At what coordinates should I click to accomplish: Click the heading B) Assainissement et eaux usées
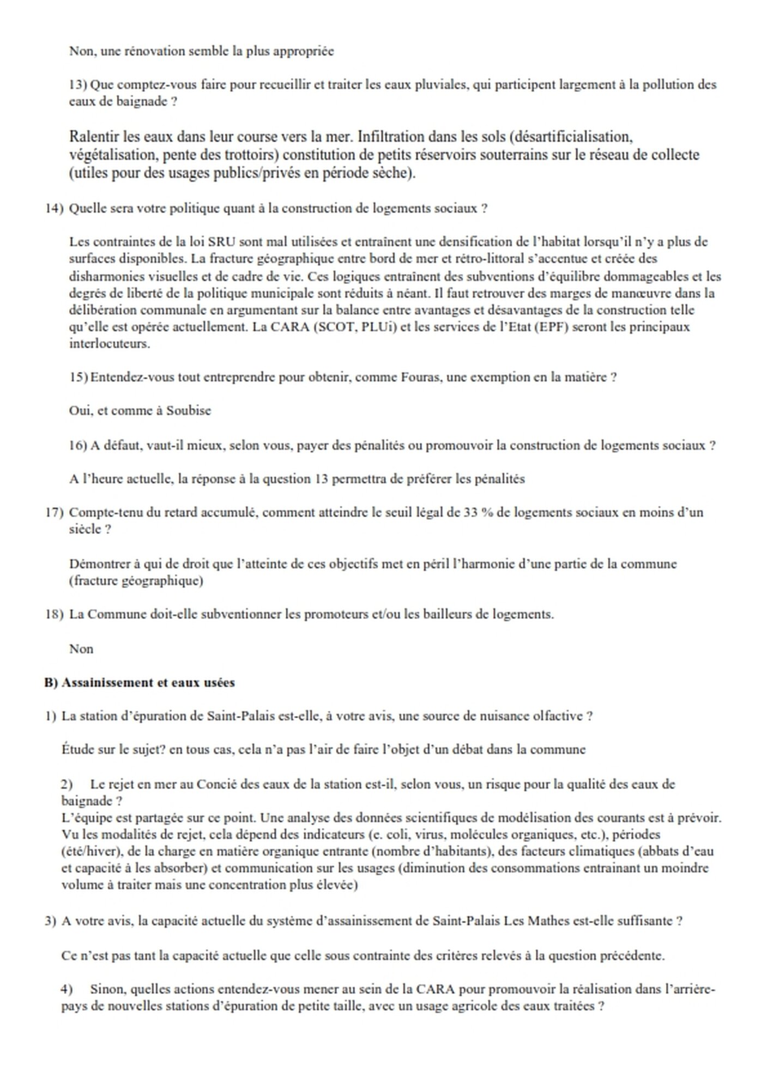pos(140,683)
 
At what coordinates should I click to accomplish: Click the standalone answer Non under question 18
pos(81,649)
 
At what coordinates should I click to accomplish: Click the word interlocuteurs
pos(110,344)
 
